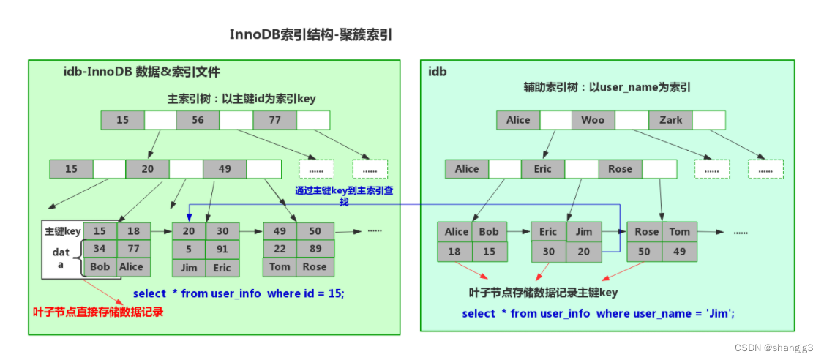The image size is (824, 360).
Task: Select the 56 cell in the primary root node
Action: [198, 120]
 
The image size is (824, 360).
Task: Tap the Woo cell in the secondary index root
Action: [593, 120]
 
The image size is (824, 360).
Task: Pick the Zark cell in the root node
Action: [670, 120]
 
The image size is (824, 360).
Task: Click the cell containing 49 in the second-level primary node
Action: [224, 169]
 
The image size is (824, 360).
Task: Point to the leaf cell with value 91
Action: [222, 249]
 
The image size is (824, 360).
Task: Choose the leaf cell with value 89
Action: [315, 249]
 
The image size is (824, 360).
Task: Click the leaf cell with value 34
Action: [100, 249]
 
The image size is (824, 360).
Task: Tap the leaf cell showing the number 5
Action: [188, 249]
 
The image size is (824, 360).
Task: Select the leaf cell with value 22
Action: [280, 249]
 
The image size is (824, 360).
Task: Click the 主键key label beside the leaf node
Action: [63, 231]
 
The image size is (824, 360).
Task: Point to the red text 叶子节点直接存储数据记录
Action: [98, 312]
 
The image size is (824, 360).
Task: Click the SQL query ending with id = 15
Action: [239, 293]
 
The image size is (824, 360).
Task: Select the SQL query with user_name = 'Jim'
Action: [598, 313]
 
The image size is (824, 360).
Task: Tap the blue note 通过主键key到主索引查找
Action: [344, 195]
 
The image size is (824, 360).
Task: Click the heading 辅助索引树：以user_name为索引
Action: [607, 87]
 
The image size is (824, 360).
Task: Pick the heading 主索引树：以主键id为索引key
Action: [241, 99]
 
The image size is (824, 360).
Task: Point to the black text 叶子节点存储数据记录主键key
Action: [544, 293]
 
